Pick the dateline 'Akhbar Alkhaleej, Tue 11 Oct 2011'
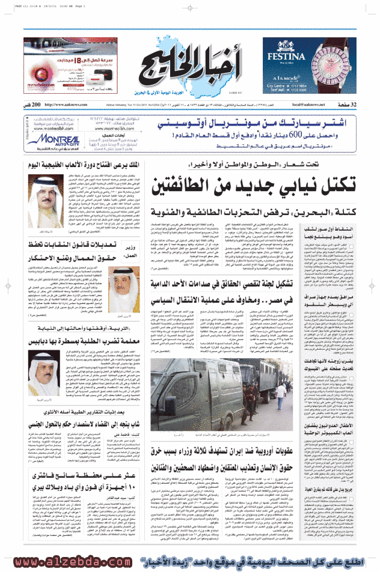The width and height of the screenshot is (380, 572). pyautogui.click(x=144, y=105)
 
